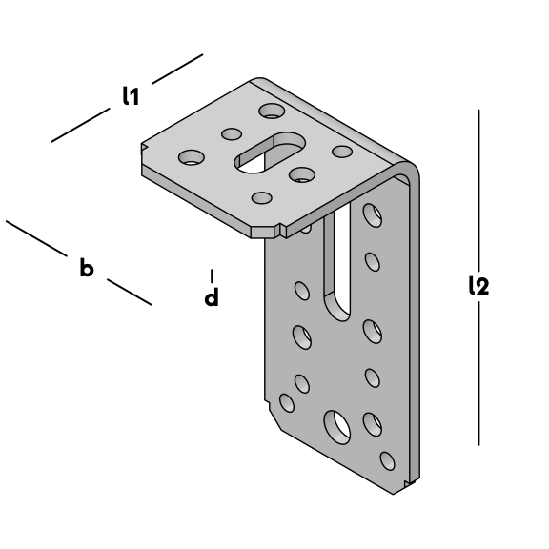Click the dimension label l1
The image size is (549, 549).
pos(131,96)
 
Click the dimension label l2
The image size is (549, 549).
pos(478,285)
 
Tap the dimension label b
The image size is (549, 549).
pos(87,268)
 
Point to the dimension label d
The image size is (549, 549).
pos(212,297)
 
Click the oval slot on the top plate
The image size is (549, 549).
pos(270,152)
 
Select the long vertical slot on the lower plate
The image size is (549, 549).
pos(337,263)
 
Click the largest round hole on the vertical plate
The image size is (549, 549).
pos(336,427)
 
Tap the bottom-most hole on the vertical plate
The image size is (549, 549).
pos(387,460)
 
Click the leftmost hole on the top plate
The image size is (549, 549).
pos(192,157)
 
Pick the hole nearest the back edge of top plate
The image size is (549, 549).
pos(272,111)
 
